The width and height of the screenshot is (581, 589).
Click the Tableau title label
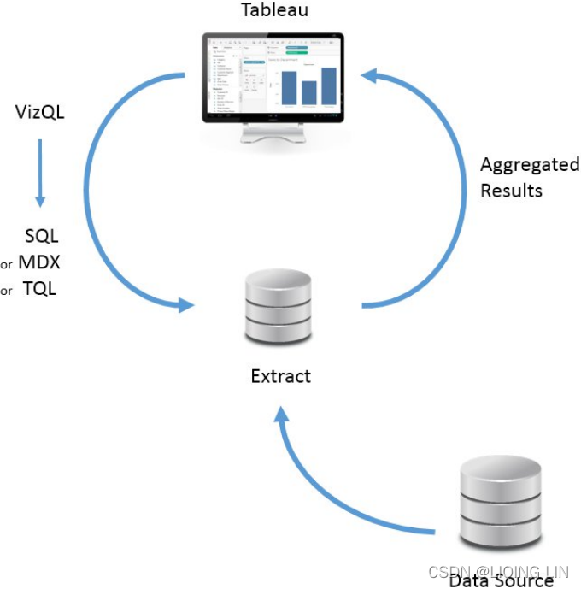point(273,10)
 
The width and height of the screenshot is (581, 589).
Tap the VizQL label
point(40,111)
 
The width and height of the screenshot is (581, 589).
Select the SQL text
point(41,237)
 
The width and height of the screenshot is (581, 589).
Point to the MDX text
point(38,262)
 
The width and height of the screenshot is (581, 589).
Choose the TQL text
point(39,289)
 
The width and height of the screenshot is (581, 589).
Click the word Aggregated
point(529,165)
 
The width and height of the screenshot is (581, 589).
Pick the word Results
point(511,190)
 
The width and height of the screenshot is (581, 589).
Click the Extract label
point(280,376)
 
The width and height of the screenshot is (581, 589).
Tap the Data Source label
point(502,580)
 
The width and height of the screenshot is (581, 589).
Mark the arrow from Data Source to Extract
point(342,496)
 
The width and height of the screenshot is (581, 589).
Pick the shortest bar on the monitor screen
point(308,92)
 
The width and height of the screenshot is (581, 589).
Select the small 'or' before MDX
point(7,264)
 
